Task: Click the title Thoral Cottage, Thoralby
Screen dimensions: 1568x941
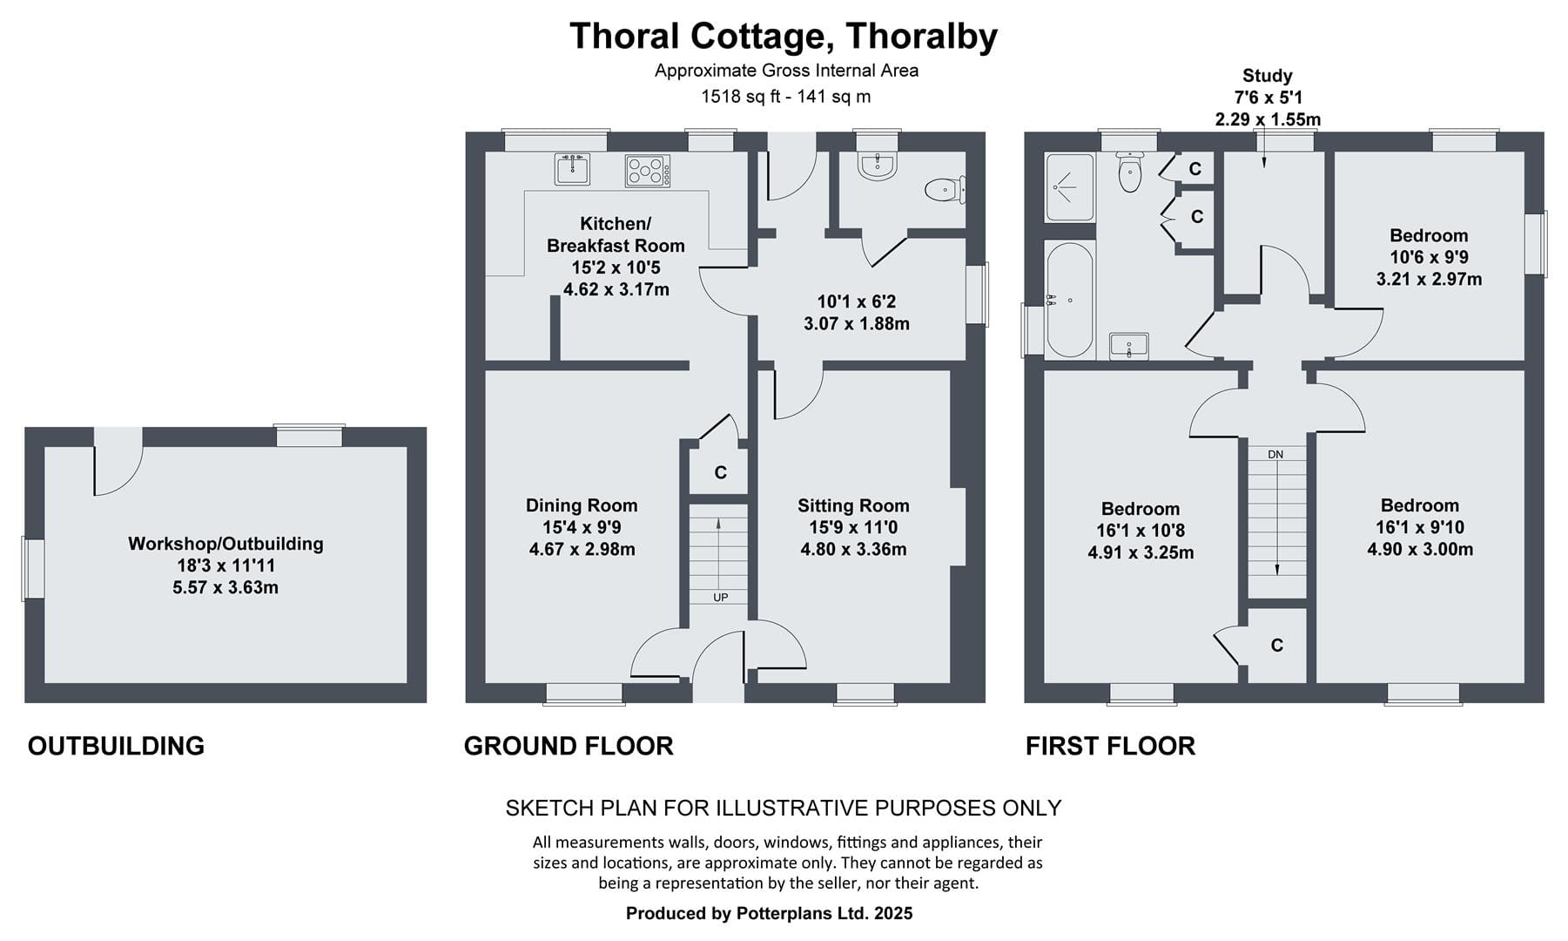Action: tap(784, 37)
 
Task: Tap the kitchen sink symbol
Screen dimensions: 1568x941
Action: tap(572, 169)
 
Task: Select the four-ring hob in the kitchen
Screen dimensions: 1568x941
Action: tap(648, 171)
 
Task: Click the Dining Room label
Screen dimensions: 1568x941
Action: tap(582, 505)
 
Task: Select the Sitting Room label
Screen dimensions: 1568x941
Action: tap(853, 505)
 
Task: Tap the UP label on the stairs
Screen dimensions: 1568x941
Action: tap(720, 598)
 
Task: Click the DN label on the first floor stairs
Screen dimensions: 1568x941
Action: tap(1275, 455)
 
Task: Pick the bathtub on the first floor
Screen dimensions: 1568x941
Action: tap(1068, 300)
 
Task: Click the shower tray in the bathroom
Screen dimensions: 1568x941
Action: tap(1068, 186)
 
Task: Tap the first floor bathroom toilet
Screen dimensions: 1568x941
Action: tap(1129, 172)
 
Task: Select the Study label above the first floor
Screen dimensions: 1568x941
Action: tap(1267, 76)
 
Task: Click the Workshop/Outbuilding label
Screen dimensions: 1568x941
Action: tap(225, 544)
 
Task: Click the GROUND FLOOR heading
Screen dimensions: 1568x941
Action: tap(569, 746)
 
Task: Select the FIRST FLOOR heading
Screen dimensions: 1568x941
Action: tap(1110, 746)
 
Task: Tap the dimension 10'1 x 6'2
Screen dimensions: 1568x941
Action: tap(857, 301)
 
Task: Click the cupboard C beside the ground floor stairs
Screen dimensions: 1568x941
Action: tap(720, 473)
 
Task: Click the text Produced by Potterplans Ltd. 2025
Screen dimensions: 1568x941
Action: tap(770, 913)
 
